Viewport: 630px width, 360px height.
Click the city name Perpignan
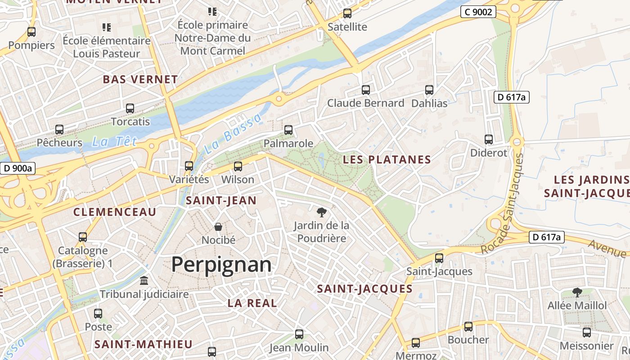coord(221,265)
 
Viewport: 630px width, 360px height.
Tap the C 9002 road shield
coord(478,12)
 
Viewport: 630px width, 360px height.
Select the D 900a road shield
coord(18,168)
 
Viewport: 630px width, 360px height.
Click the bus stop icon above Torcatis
coord(130,108)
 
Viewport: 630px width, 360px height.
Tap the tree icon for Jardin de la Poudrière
coord(321,212)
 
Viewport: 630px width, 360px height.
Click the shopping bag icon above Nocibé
coord(218,227)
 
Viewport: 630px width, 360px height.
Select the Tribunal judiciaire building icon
coord(144,281)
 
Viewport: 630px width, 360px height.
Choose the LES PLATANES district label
coord(387,159)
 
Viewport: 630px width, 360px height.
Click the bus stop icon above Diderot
coord(489,139)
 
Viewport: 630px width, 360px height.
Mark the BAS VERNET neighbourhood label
coord(140,80)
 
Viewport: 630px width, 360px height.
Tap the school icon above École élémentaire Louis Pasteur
coord(107,27)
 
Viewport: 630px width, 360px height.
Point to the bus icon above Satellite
coord(347,13)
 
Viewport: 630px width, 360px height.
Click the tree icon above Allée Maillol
coord(577,292)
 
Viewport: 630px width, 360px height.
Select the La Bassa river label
coord(232,134)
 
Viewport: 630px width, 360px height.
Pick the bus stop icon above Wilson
coord(238,166)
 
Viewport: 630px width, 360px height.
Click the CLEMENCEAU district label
coord(115,212)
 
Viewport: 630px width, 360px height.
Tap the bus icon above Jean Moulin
coord(299,334)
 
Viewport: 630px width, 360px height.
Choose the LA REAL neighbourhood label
coord(252,303)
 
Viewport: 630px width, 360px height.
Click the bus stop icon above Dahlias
coord(429,90)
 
